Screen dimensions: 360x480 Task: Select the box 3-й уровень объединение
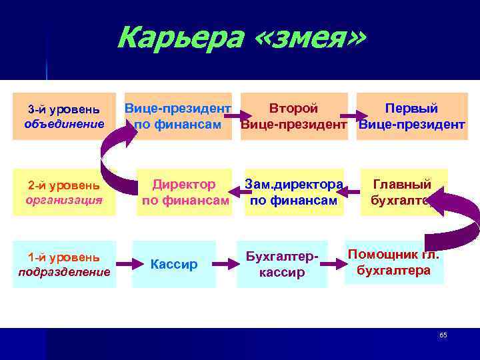65,116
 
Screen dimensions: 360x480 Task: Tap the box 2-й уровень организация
65,192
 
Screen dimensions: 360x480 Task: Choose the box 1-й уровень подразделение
65,264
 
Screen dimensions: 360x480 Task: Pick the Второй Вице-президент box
293,116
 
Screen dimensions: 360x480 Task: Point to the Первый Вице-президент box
411,116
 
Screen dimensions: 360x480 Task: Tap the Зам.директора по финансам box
293,192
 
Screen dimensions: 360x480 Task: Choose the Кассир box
173,265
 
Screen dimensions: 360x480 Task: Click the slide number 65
443,335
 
